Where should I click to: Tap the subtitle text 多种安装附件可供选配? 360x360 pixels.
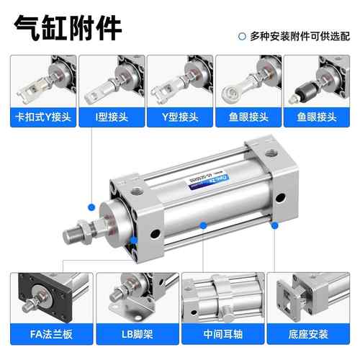click(300, 36)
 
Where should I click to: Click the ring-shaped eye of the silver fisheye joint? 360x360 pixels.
click(231, 94)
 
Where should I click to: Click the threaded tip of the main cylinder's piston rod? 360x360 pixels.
click(72, 236)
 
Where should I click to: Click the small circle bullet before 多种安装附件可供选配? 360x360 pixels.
click(242, 37)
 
